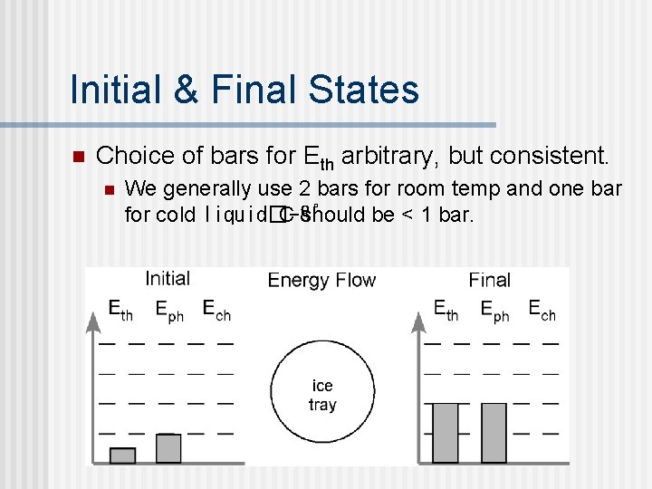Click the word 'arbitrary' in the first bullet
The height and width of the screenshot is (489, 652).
coord(390,156)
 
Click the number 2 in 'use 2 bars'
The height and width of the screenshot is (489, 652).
coord(303,189)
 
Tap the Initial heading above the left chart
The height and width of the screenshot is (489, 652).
coord(168,279)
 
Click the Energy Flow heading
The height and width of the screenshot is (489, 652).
coord(321,280)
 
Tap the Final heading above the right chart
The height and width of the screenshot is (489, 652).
coord(490,280)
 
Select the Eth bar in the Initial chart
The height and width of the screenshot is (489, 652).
coord(122,455)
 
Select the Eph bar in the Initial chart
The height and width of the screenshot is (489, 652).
coord(168,448)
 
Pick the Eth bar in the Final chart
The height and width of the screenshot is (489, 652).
coord(446,433)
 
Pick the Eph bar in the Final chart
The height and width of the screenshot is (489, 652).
coord(494,433)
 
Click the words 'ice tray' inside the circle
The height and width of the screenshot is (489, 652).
coord(322,396)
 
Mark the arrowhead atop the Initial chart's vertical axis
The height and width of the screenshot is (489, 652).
coord(92,318)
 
